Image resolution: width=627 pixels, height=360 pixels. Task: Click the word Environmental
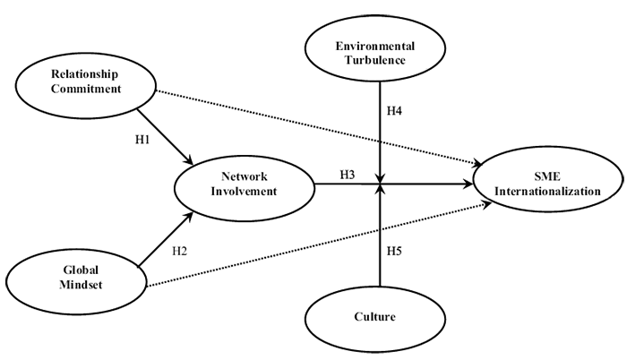pyautogui.click(x=374, y=46)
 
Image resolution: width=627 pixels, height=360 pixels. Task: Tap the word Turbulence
pyautogui.click(x=374, y=60)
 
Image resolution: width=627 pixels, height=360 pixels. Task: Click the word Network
pyautogui.click(x=245, y=176)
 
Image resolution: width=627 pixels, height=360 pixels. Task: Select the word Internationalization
pyautogui.click(x=548, y=192)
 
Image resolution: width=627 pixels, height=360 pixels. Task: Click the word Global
pyautogui.click(x=80, y=270)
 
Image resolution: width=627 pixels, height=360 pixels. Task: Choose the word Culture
pyautogui.click(x=374, y=317)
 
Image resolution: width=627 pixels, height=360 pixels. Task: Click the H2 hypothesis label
pyautogui.click(x=179, y=252)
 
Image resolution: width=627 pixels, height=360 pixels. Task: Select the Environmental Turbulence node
pyautogui.click(x=374, y=52)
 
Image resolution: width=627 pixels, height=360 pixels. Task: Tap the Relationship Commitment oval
pyautogui.click(x=87, y=83)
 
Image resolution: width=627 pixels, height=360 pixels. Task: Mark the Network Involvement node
pyautogui.click(x=245, y=184)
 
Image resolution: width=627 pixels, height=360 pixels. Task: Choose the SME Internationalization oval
pyautogui.click(x=548, y=183)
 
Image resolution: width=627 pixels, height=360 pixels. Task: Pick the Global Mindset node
pyautogui.click(x=80, y=279)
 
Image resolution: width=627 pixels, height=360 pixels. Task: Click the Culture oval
pyautogui.click(x=374, y=319)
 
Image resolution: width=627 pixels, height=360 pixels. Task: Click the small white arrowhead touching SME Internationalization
pyautogui.click(x=479, y=198)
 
